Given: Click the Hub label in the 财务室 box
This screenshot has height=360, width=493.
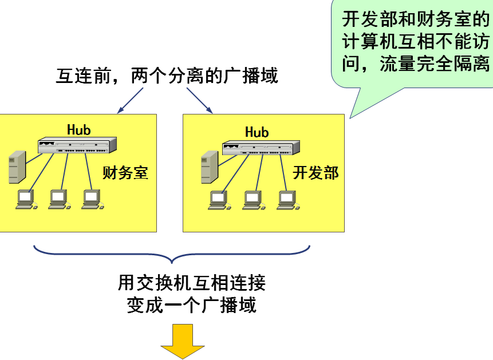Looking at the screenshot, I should [78, 129].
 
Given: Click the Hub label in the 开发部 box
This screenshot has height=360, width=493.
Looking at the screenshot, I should [257, 132].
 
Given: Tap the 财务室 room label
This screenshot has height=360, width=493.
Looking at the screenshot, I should [125, 172].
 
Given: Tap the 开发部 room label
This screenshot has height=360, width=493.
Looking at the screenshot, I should [315, 172].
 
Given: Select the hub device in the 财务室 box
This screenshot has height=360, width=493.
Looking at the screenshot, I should [77, 145].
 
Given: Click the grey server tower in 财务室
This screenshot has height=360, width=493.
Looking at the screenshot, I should [17, 167].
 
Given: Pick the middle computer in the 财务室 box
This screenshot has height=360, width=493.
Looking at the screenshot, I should [58, 199].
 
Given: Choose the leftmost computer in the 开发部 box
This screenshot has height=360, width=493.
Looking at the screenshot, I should [218, 200].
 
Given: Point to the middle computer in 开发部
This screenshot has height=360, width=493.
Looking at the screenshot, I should [253, 200].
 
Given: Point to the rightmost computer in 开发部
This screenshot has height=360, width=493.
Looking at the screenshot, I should [287, 200].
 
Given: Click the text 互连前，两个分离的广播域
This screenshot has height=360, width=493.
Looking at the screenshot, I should [167, 75].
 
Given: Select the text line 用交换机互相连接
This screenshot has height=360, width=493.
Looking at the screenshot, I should [191, 283].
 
